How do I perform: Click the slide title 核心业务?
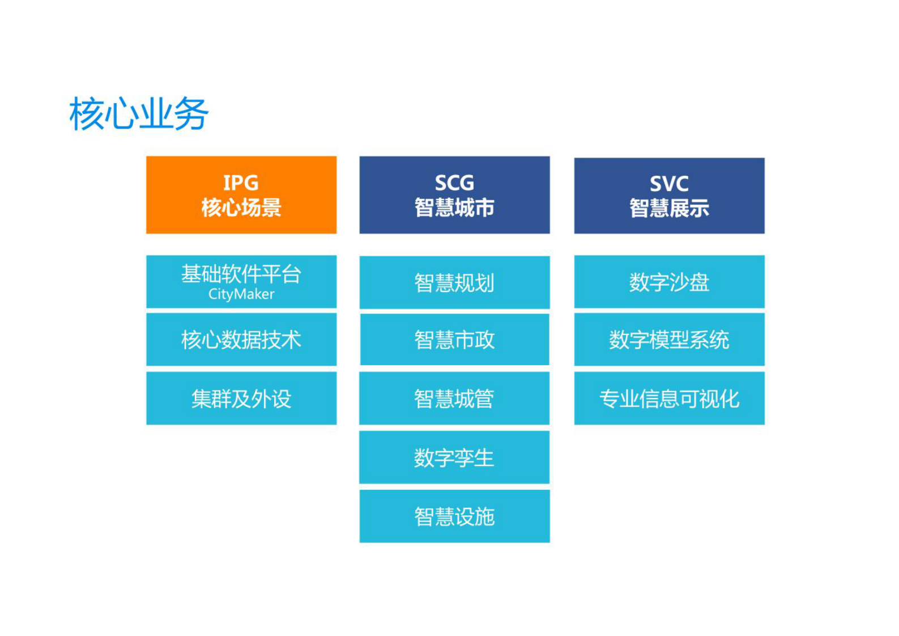pyautogui.click(x=139, y=114)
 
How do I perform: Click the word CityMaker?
pyautogui.click(x=241, y=294)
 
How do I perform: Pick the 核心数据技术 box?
pyautogui.click(x=241, y=340)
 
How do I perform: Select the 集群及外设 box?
pyautogui.click(x=241, y=398)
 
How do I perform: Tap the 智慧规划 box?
pyautogui.click(x=454, y=282)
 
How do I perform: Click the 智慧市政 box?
pyautogui.click(x=454, y=340)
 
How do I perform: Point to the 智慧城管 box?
pyautogui.click(x=454, y=398)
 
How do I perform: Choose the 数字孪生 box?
pyautogui.click(x=454, y=457)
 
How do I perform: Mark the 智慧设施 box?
pyautogui.click(x=454, y=516)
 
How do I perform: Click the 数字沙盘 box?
pyautogui.click(x=669, y=282)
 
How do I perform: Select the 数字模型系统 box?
pyautogui.click(x=669, y=340)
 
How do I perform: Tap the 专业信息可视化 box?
pyautogui.click(x=669, y=398)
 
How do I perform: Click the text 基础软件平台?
pyautogui.click(x=241, y=274)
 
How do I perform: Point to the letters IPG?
pyautogui.click(x=241, y=183)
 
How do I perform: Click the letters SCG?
pyautogui.click(x=454, y=183)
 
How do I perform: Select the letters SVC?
pyautogui.click(x=669, y=184)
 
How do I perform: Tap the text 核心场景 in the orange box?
pyautogui.click(x=241, y=207)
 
